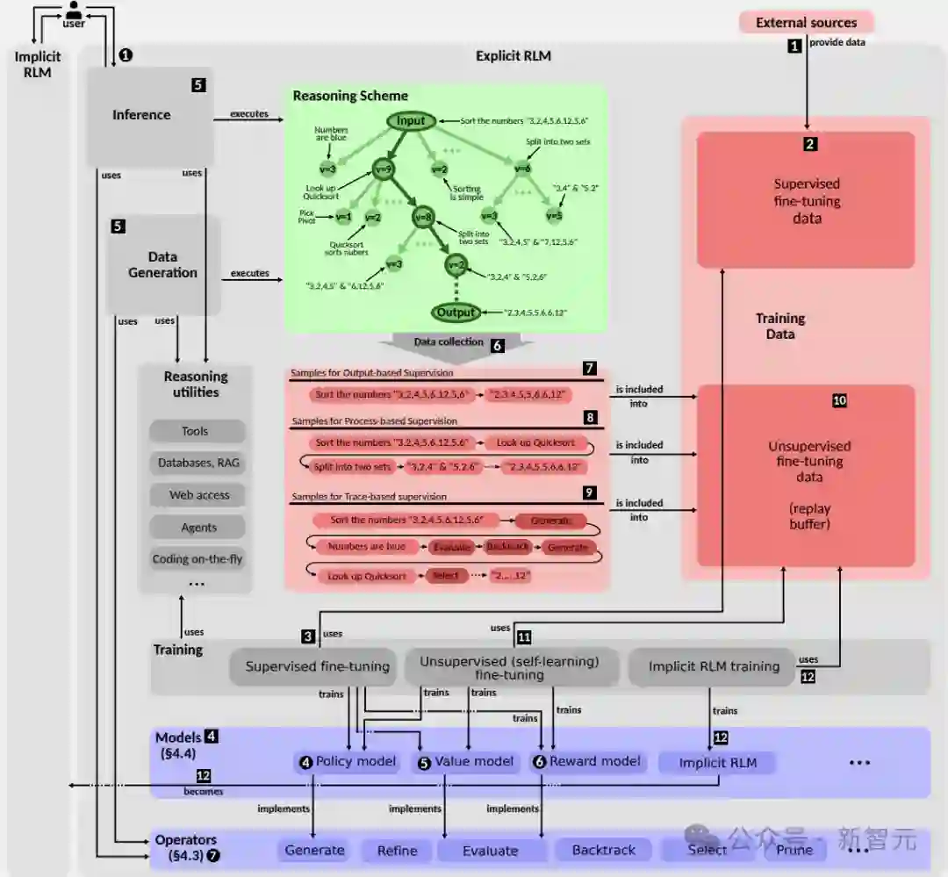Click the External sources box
coord(806,23)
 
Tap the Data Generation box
coord(163,264)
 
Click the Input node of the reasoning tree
coord(411,121)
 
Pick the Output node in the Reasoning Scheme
coord(456,312)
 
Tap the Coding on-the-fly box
coord(197,559)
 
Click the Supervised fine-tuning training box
coord(317,666)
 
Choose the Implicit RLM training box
coord(714,666)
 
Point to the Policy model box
coord(348,762)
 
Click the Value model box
coord(466,762)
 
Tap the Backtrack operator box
coord(603,850)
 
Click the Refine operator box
coord(397,850)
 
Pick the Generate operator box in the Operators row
coord(314,850)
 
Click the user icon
coord(75,11)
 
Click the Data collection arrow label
coord(449,342)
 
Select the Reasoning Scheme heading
coord(350,96)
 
